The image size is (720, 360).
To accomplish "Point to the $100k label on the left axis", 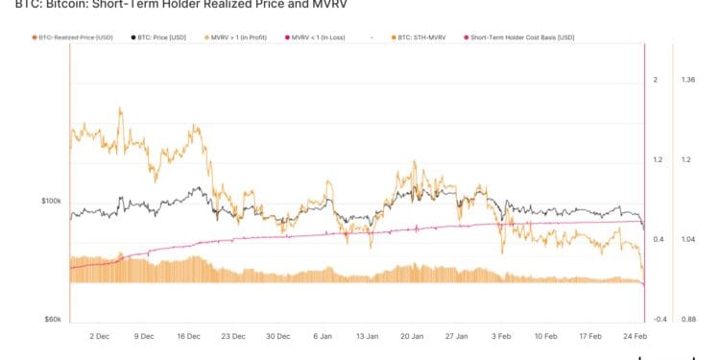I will [x=51, y=201].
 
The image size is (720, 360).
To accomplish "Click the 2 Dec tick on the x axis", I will [x=100, y=337].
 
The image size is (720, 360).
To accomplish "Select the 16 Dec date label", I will [x=188, y=337].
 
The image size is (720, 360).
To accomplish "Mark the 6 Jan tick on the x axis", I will [x=322, y=337].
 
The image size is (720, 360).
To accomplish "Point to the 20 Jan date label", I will [x=412, y=337].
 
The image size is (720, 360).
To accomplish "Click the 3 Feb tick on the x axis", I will [x=501, y=337].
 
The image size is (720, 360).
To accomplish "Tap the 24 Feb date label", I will [x=635, y=337].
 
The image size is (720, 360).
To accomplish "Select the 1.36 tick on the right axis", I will [x=686, y=81].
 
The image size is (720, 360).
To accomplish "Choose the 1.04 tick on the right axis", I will [x=686, y=239].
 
